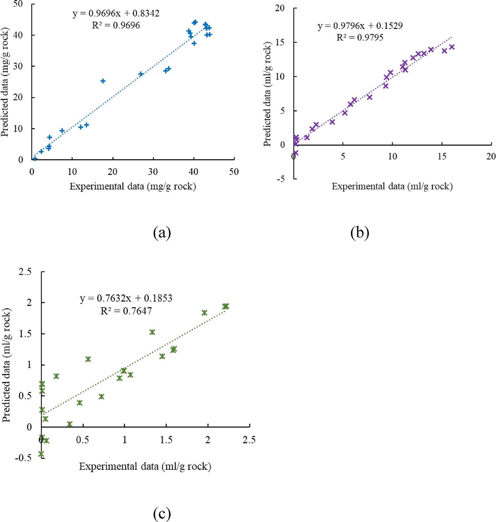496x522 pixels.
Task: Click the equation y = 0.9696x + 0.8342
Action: [x=116, y=13]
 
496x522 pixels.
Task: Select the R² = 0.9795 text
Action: [x=360, y=37]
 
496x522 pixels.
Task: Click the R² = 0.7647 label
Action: [x=126, y=311]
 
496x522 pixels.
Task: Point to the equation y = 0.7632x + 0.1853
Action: [x=126, y=298]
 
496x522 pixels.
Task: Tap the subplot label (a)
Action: [x=162, y=233]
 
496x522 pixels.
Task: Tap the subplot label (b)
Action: [x=360, y=233]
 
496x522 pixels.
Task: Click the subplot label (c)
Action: [x=162, y=514]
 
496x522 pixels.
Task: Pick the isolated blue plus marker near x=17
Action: [x=103, y=81]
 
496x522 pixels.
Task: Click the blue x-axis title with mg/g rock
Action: [x=132, y=186]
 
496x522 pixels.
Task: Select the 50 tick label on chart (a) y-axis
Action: [x=18, y=4]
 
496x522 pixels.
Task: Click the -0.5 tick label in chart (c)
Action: [x=23, y=458]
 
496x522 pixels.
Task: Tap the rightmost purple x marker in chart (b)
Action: [x=452, y=47]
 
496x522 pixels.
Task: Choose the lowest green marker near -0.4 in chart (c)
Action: [x=41, y=454]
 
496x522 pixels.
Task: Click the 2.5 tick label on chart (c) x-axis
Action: [x=249, y=440]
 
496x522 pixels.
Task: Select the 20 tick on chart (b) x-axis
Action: [x=491, y=156]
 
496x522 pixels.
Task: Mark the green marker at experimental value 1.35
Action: [x=152, y=332]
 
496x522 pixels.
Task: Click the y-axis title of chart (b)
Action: [x=267, y=94]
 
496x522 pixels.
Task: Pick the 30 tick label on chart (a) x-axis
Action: [x=153, y=172]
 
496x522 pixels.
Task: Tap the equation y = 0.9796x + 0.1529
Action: [x=360, y=26]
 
